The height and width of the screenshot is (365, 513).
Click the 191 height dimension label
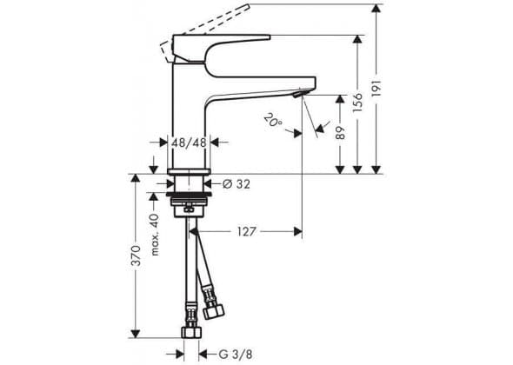[x=376, y=88]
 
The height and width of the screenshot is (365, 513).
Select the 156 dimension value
[x=357, y=103]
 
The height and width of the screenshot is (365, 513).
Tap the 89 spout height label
[x=341, y=133]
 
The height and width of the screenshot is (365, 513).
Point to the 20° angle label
[x=274, y=119]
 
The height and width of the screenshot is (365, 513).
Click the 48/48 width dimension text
[x=189, y=143]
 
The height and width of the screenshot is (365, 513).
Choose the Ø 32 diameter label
[x=237, y=184]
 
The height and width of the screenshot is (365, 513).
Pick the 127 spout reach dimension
[x=246, y=231]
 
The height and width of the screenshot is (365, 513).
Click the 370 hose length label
[x=136, y=255]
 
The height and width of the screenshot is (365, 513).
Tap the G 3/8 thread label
[x=236, y=355]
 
